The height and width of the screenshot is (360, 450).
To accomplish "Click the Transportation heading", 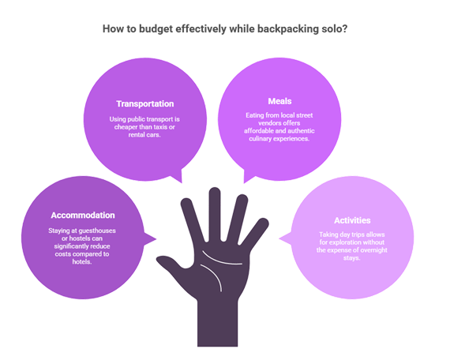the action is coord(145,103).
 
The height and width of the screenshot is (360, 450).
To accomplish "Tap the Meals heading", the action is coord(279,101).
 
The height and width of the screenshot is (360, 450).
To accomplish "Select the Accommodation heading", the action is coord(83,215).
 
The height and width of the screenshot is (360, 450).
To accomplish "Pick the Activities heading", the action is coord(352,220).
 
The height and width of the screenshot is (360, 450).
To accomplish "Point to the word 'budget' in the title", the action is coord(156,29).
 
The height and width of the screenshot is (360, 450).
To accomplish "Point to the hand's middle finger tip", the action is coord(215,192).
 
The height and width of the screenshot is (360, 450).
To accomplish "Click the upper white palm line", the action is coord(221,259).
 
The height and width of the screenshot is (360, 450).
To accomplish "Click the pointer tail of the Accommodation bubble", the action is coord(150,239).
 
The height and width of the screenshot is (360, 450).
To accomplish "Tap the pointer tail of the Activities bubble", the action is coord(285,238).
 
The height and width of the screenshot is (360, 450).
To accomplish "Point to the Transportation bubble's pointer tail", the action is coord(177,176).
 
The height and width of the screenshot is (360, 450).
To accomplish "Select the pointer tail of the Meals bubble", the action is coord(249,176).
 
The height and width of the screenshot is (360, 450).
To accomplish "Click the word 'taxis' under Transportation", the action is coord(161,127).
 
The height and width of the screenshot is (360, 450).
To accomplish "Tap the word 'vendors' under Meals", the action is coord(269,123).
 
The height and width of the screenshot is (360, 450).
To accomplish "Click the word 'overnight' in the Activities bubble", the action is coord(373,250).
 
